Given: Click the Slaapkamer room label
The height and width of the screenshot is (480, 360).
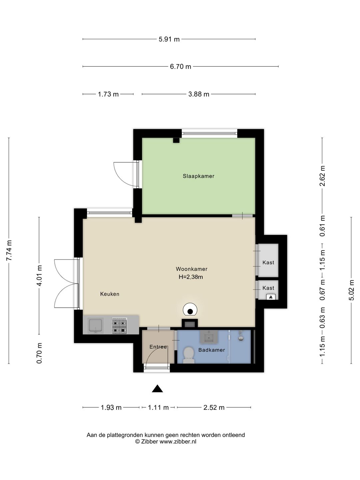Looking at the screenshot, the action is (198, 176).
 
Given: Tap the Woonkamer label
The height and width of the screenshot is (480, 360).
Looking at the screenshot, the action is (192, 269).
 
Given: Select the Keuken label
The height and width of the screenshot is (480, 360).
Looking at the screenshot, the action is (110, 294).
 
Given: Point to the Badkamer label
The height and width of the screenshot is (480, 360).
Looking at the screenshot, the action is (212, 350).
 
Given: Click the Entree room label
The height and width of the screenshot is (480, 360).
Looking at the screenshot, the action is (158, 347).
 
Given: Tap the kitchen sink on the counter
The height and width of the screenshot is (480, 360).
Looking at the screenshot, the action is (95, 326).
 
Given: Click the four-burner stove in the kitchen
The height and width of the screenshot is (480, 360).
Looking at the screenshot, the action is (119, 326).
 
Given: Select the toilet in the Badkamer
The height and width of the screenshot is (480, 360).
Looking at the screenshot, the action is (189, 355).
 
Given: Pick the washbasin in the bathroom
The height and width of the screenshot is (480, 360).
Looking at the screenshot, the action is (209, 337).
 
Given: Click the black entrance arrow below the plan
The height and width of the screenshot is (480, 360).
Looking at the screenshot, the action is (157, 389).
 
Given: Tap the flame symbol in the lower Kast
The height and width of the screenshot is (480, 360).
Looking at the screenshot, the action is (271, 297).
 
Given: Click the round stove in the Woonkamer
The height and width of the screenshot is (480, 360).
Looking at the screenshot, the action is (190, 309).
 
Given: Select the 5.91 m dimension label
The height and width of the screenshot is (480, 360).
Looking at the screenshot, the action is (169, 39).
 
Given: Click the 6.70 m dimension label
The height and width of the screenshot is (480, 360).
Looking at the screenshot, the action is (181, 66).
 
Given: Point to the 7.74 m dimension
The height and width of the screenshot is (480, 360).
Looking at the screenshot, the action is (9, 250).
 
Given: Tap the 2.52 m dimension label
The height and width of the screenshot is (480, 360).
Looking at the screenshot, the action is (214, 407).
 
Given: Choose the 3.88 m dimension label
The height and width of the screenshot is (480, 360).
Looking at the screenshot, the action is (199, 94).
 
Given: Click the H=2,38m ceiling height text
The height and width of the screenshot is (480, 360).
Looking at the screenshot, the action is (191, 277).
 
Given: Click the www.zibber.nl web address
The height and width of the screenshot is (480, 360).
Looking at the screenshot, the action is (178, 442).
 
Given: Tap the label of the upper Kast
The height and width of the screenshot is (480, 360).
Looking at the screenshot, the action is (268, 262).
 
